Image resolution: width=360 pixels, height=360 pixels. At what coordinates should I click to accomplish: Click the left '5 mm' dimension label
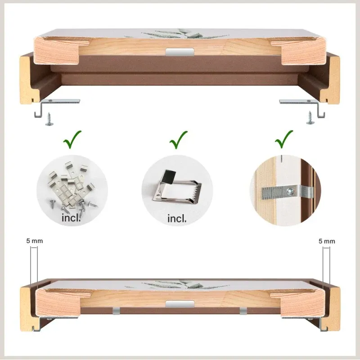pyautogui.click(x=35, y=241)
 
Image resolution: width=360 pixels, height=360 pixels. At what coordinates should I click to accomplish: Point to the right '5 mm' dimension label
pyautogui.click(x=327, y=241)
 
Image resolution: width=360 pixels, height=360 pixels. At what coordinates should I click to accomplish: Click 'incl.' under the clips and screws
pyautogui.click(x=71, y=218)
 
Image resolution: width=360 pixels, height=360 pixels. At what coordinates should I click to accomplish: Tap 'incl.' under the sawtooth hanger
pyautogui.click(x=177, y=218)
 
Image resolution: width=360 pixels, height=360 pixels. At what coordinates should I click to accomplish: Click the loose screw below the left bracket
pyautogui.click(x=49, y=119)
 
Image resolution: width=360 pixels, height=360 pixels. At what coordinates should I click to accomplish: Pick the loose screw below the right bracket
pyautogui.click(x=310, y=118)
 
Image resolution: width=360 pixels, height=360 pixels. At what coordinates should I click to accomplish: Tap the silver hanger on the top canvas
pyautogui.click(x=180, y=52)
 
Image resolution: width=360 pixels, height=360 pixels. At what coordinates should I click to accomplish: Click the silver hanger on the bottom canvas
pyautogui.click(x=180, y=304)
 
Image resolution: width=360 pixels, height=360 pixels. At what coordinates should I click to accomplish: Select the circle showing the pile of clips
pyautogui.click(x=72, y=190)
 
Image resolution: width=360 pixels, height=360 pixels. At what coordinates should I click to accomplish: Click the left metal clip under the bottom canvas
pyautogui.click(x=117, y=311)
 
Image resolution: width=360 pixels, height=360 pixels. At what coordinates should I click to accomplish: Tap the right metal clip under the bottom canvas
pyautogui.click(x=243, y=311)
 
